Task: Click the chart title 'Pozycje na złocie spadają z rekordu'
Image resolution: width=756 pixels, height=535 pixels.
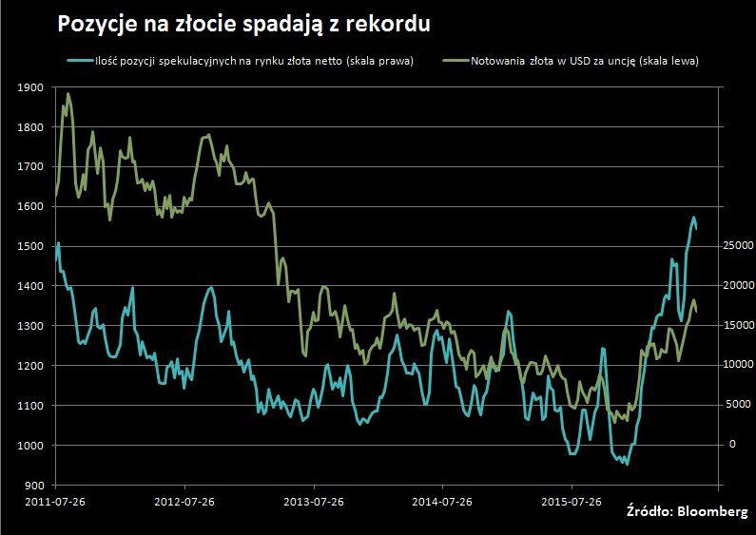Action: [x=244, y=24]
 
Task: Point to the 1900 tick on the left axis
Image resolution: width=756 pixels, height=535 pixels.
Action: [x=31, y=87]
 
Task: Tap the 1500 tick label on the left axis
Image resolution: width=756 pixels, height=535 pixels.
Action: [x=31, y=246]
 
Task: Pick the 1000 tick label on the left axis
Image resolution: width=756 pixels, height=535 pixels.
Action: [x=31, y=446]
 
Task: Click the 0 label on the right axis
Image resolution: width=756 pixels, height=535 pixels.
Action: [x=731, y=445]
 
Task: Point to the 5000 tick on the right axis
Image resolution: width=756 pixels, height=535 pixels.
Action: [x=738, y=405]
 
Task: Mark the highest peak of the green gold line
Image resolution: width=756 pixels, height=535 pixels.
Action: [x=68, y=93]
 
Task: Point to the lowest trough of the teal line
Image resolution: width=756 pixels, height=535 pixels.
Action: [x=626, y=465]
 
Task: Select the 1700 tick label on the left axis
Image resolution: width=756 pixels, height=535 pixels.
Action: [x=31, y=166]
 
